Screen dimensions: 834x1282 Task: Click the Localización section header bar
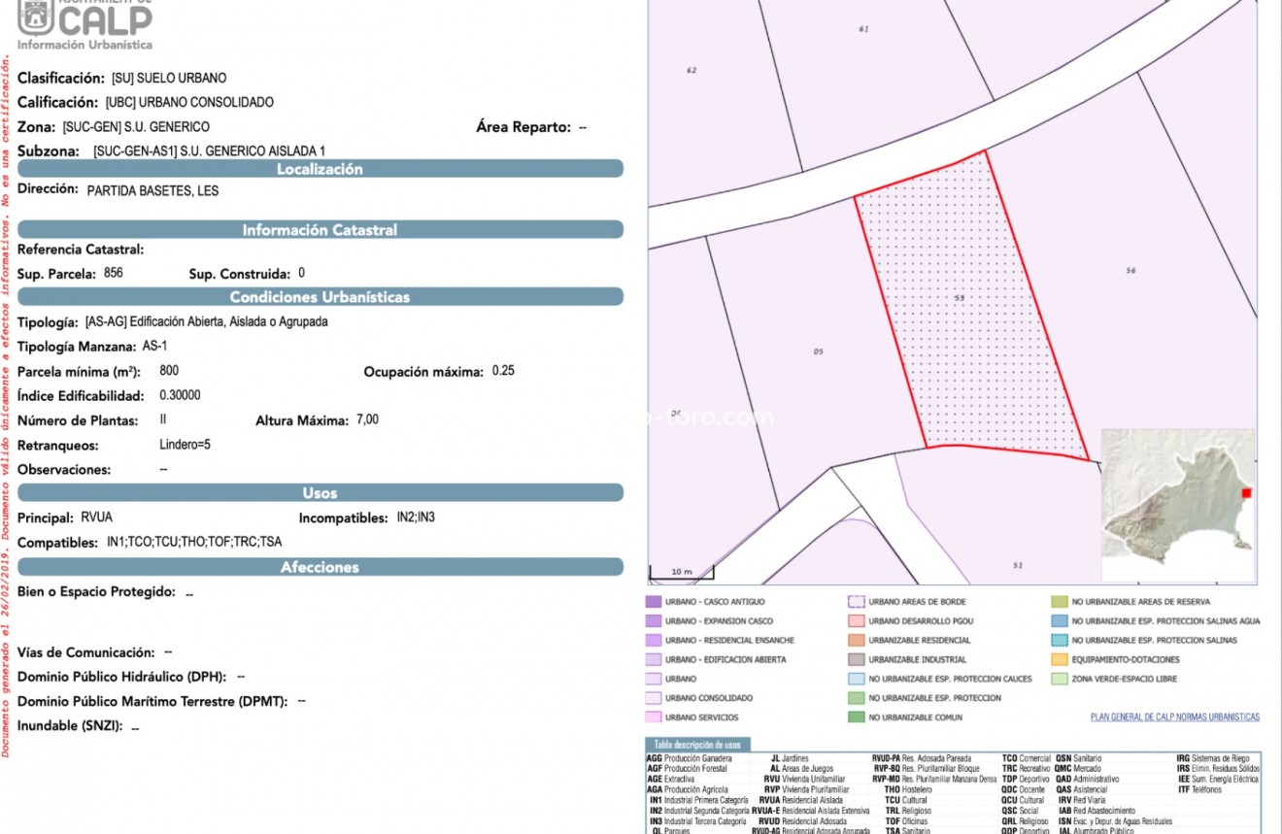coord(320,169)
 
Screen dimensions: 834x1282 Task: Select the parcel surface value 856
coord(114,274)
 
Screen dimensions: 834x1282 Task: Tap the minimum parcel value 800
coord(169,371)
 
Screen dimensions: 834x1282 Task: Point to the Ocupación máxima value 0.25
coord(503,371)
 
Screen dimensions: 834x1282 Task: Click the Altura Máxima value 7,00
coord(367,420)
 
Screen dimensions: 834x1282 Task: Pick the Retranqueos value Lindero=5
coord(185,446)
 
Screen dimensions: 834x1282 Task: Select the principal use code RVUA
coord(97,517)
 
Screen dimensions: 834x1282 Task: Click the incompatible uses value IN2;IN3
coord(416,517)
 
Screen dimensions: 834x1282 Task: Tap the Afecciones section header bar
coord(320,567)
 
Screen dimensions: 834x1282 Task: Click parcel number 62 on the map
coord(692,70)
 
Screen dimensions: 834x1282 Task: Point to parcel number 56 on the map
coord(1130,270)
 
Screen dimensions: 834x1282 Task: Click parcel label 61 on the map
coord(863,29)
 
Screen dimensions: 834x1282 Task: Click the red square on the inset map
coord(1247,493)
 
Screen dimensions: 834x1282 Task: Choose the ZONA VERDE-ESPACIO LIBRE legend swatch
coord(1060,679)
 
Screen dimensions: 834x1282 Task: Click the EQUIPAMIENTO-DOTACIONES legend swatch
coord(1060,659)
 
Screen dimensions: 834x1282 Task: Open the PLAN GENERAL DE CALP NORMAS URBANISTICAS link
coord(1174,717)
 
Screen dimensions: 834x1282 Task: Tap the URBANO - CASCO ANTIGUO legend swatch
coord(653,602)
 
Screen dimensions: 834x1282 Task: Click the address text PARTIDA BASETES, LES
coord(152,191)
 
